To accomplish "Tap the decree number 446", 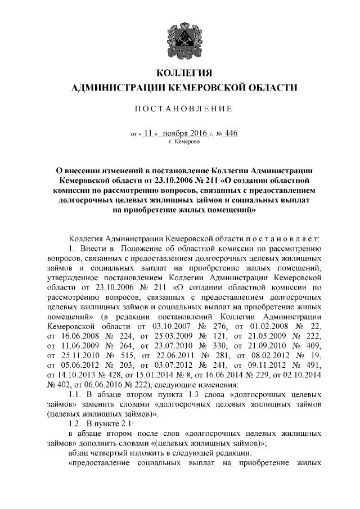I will pos(231,133).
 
